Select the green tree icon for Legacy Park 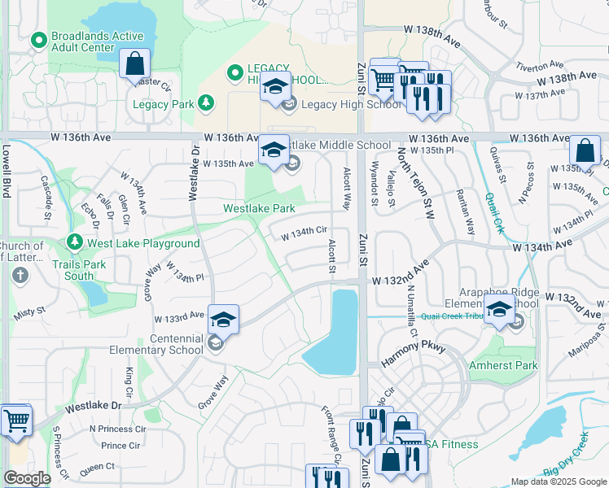(x=207, y=103)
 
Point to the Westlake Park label (x=260, y=208)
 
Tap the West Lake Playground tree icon (x=75, y=242)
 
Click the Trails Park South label (x=80, y=270)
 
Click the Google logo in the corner (x=28, y=477)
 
